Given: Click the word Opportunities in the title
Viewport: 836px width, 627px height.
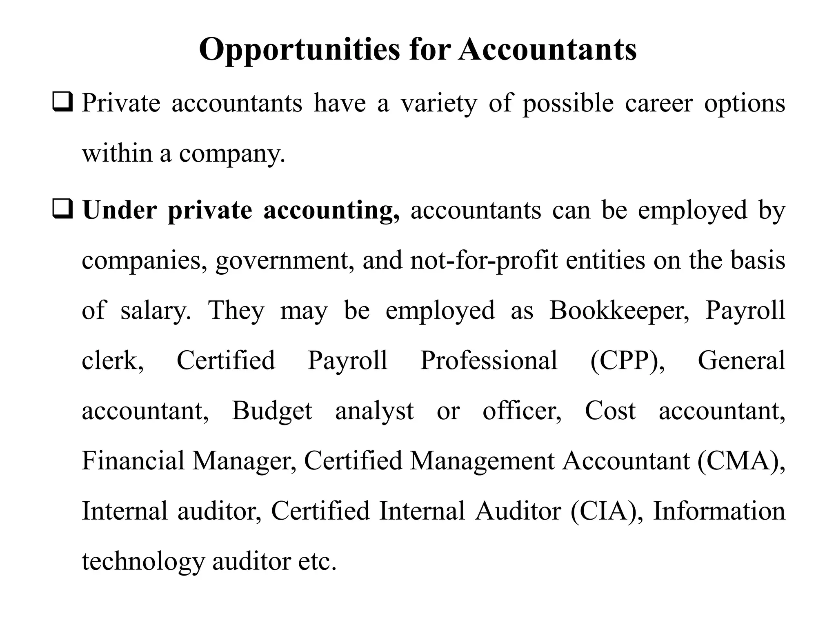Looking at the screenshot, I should point(299,50).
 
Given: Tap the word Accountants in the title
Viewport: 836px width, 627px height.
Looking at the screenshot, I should point(547,50).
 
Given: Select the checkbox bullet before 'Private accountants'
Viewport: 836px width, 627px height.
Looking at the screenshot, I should point(62,103).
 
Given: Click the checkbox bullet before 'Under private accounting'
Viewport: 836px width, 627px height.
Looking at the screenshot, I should point(62,210).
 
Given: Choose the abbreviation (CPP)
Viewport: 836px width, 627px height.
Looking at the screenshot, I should point(627,361).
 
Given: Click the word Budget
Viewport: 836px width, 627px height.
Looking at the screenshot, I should point(272,411).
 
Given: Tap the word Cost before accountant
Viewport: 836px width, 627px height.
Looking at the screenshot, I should point(610,411).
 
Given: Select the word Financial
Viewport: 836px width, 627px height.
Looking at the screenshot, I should point(133,461).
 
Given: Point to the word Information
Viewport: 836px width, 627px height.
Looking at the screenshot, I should point(719,511).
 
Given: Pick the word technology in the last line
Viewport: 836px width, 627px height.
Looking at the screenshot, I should point(142,562).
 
